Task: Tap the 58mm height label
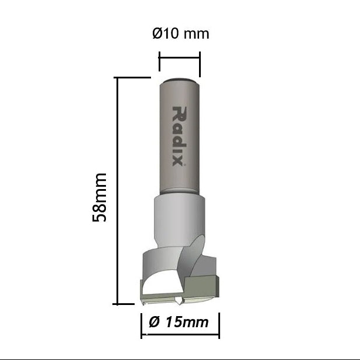(x=100, y=197)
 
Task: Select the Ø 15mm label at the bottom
(x=180, y=321)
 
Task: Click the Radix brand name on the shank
(x=179, y=136)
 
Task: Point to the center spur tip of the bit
(x=177, y=302)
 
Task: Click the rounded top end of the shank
(x=179, y=80)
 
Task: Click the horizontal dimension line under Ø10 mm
(x=179, y=58)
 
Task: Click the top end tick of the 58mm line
(x=132, y=77)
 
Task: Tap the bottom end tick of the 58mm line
(x=125, y=304)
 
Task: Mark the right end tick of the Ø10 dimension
(x=200, y=63)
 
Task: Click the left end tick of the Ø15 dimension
(x=141, y=326)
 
